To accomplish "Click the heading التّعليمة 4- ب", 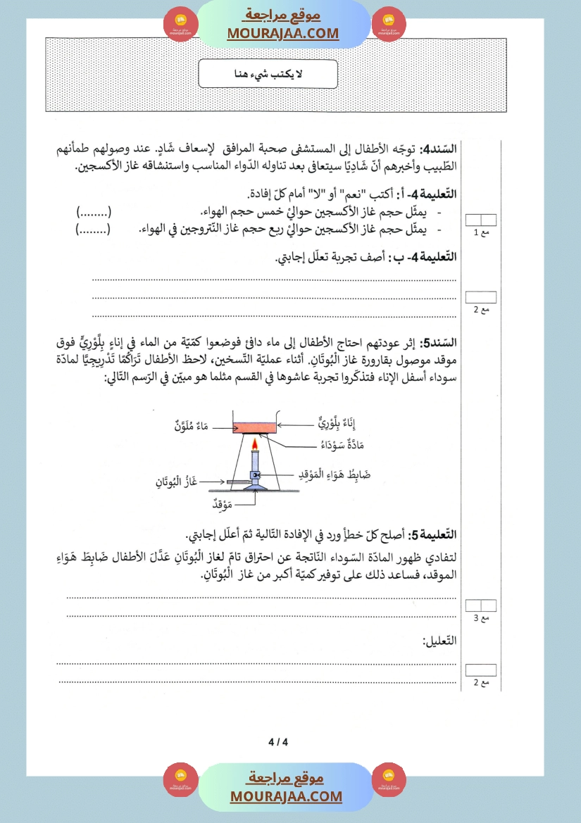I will (423, 258).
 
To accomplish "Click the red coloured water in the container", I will (254, 426).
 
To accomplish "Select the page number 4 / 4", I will (279, 741).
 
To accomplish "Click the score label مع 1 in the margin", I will (480, 232).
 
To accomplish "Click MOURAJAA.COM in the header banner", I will (283, 33).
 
